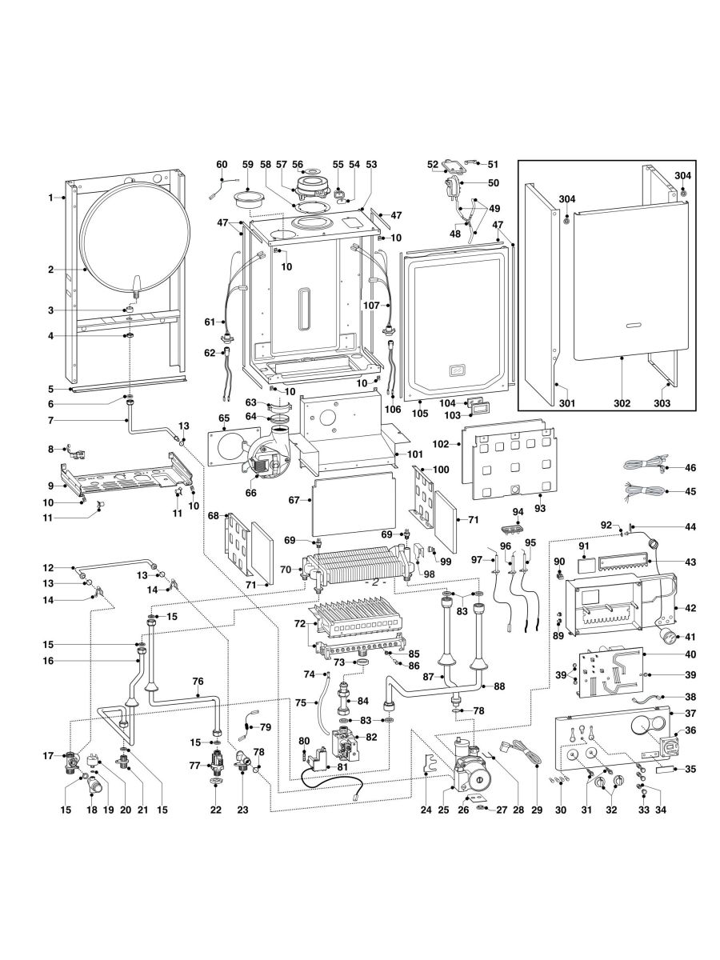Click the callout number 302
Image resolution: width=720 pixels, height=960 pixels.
point(622,403)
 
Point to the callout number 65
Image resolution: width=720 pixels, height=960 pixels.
point(224,418)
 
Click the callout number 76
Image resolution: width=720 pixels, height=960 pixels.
point(198,681)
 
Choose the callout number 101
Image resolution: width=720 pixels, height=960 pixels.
point(414,454)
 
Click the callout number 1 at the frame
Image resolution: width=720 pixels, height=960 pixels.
point(50,198)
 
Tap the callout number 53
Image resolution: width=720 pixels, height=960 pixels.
point(370,164)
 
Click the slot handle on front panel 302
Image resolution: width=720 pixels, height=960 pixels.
point(634,326)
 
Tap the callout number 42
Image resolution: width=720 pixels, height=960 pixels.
point(690,608)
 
